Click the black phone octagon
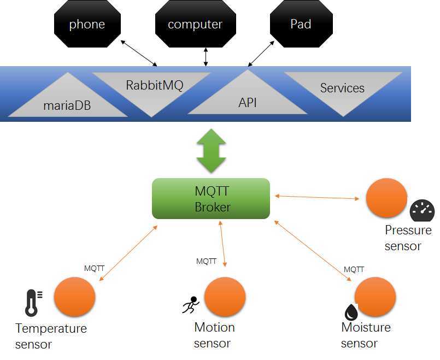[87, 25]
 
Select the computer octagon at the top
[195, 25]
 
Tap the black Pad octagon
[301, 25]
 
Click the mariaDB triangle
[67, 101]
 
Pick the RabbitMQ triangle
[154, 87]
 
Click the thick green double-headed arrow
[211, 151]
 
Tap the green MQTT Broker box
[211, 199]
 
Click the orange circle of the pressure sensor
[386, 198]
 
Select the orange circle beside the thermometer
[75, 297]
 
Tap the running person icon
[190, 304]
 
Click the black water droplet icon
[350, 312]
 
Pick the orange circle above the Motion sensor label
[225, 297]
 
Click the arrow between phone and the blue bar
[139, 52]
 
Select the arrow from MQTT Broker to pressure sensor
[318, 197]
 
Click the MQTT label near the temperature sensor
[94, 268]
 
